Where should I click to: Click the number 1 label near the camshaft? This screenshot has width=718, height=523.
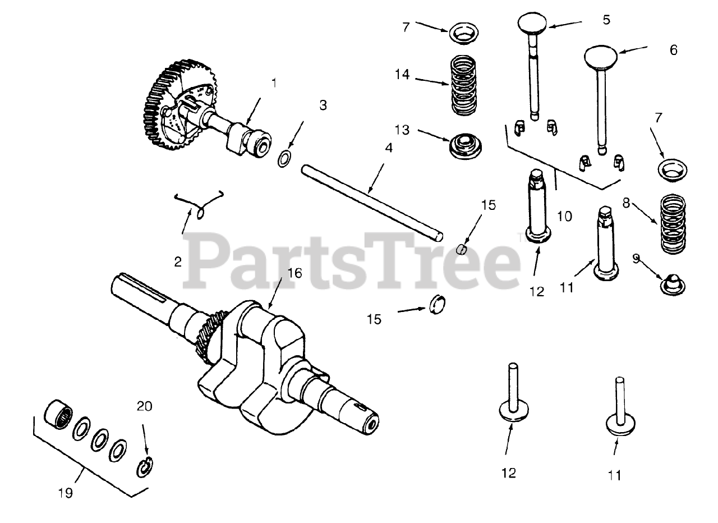point(274,83)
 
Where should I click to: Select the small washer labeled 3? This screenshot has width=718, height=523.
point(284,158)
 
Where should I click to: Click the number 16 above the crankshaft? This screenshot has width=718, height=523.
point(294,273)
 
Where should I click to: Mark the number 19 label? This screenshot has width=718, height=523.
point(65,493)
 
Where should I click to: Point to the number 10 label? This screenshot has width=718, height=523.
point(565,216)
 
